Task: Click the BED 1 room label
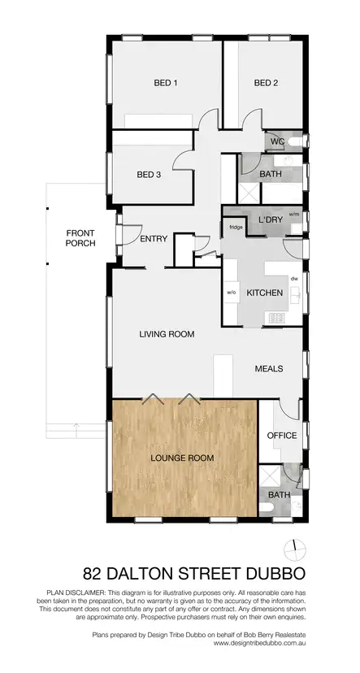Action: pos(166,83)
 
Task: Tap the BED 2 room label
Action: pos(266,83)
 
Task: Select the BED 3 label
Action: pos(149,175)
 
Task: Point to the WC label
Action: pos(276,141)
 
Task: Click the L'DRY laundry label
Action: pos(271,221)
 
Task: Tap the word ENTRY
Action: pos(154,239)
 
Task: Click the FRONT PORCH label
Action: pos(81,237)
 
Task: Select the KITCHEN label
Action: pos(264,293)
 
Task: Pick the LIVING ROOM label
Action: pos(166,334)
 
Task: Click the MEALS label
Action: pos(268,369)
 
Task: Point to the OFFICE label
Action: pos(282,436)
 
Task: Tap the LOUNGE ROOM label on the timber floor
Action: pos(183,458)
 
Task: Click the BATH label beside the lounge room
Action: pos(279,494)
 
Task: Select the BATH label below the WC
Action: pos(270,175)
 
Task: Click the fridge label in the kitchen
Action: pos(236,228)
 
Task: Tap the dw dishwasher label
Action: pos(293,278)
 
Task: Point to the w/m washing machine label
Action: pos(293,215)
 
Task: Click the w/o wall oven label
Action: pos(231,293)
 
